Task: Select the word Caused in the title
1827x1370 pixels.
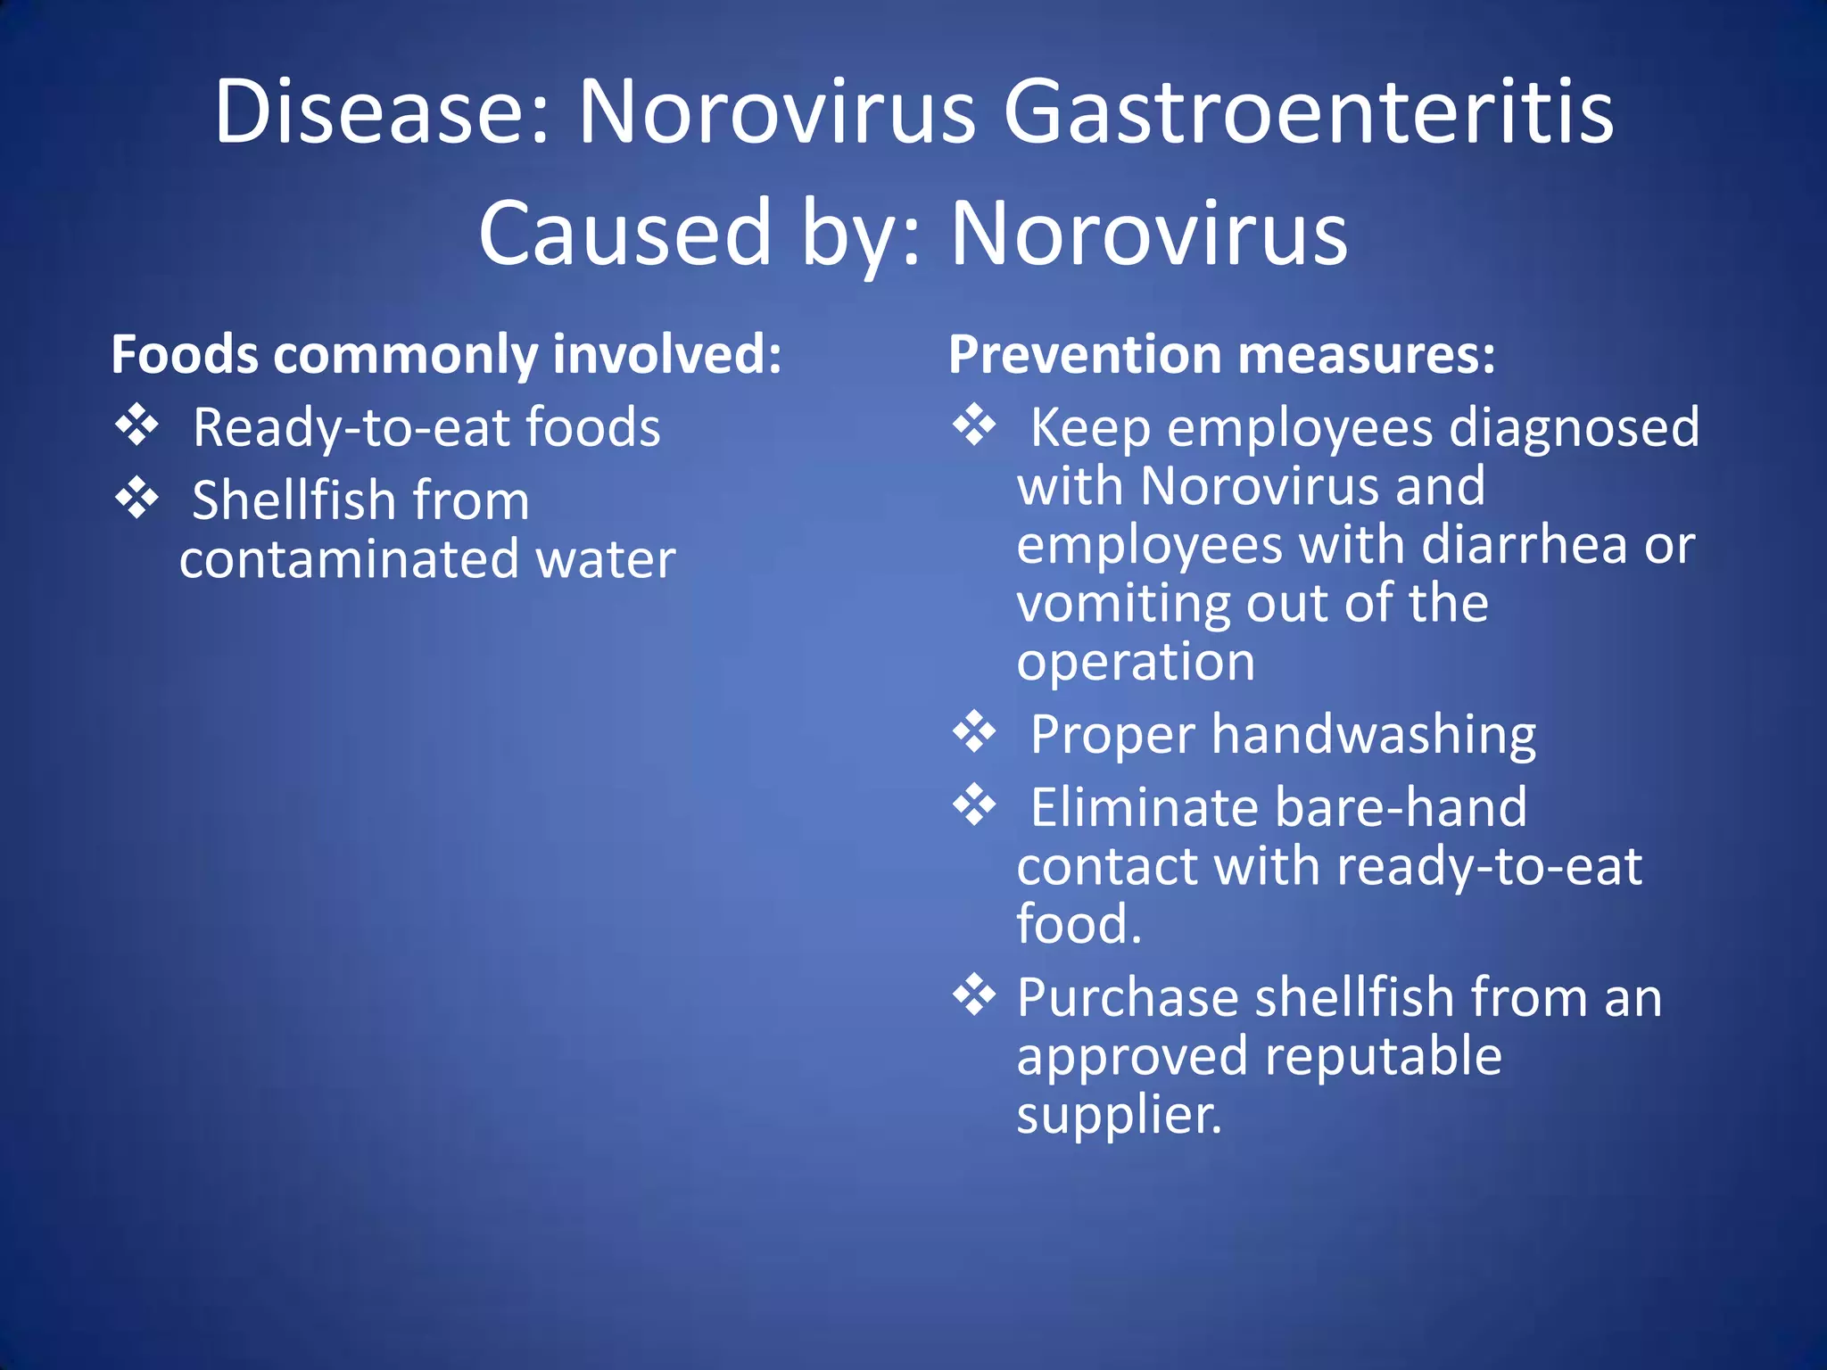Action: (624, 234)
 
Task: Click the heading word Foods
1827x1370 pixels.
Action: (185, 355)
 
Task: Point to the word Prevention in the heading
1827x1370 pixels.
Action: (1085, 355)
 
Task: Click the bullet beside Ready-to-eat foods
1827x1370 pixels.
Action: (136, 425)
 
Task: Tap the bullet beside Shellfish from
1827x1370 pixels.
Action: (136, 498)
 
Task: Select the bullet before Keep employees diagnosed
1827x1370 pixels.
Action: (973, 425)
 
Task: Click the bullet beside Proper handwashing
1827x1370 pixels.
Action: (973, 731)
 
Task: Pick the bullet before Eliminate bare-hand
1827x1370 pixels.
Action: (973, 805)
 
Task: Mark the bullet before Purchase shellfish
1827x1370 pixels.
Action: (973, 994)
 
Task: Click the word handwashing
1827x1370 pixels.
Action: (1374, 735)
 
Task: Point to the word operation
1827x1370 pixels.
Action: (1136, 663)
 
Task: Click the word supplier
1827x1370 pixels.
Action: (1119, 1116)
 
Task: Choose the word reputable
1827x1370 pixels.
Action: (1383, 1058)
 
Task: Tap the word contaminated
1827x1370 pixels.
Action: (349, 559)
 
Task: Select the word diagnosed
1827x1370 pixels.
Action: (1575, 428)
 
